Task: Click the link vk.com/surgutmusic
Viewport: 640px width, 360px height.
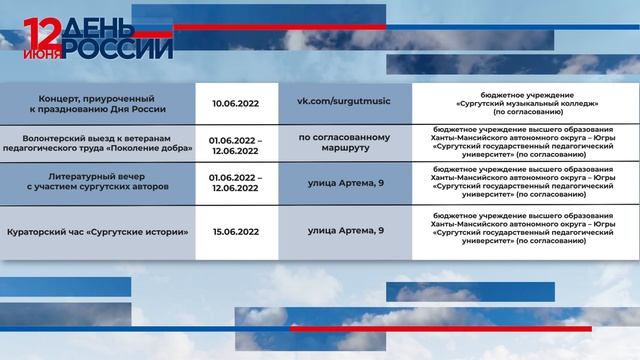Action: pos(345,102)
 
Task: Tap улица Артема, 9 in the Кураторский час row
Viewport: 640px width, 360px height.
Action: pos(345,231)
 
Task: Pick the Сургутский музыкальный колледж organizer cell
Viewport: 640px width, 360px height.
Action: pos(526,103)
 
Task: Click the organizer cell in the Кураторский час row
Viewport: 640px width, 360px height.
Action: pos(526,231)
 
